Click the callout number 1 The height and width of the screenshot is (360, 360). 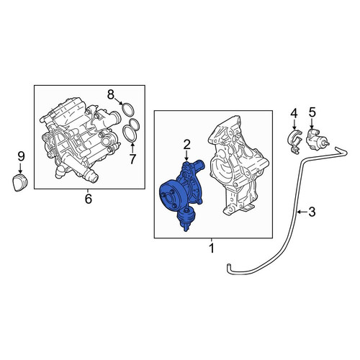tap(212, 248)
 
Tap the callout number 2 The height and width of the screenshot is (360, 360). tap(186, 145)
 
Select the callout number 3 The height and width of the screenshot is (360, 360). tap(312, 212)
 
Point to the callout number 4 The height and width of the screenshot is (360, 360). tap(294, 113)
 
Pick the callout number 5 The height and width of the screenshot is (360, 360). tap(312, 112)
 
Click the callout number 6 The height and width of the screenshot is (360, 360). tap(89, 199)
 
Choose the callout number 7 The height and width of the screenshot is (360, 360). tap(132, 159)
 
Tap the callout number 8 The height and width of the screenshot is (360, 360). tap(110, 95)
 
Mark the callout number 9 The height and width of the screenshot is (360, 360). tap(21, 157)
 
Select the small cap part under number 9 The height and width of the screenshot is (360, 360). tap(19, 183)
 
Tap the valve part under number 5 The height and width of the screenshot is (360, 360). tap(316, 140)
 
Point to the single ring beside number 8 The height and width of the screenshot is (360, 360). tap(128, 109)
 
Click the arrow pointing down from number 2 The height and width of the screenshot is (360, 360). tap(186, 156)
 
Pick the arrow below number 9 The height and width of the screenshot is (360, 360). tap(21, 168)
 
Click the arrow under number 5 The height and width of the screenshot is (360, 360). tap(312, 123)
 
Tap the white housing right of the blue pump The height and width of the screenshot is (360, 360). tap(238, 166)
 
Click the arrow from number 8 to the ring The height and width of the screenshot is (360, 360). tap(119, 102)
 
